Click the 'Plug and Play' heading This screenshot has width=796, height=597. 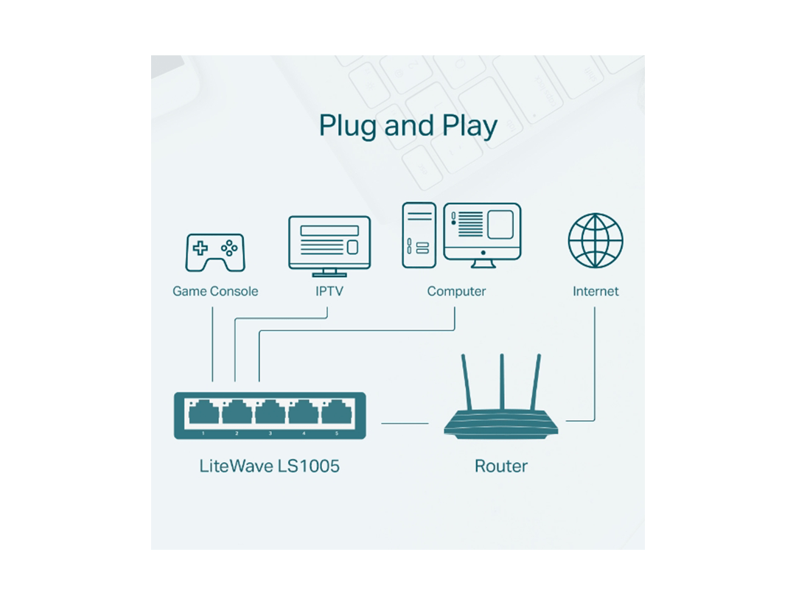pyautogui.click(x=408, y=126)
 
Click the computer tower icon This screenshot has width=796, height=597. pyautogui.click(x=418, y=235)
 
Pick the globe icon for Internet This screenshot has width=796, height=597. pyautogui.click(x=596, y=241)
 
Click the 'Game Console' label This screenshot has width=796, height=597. pyautogui.click(x=215, y=291)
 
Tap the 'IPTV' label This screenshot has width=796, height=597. pyautogui.click(x=329, y=291)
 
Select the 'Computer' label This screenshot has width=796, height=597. pyautogui.click(x=456, y=291)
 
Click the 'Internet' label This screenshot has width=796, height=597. pyautogui.click(x=596, y=291)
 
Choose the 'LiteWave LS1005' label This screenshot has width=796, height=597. pyautogui.click(x=270, y=466)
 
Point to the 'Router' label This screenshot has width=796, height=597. pyautogui.click(x=501, y=466)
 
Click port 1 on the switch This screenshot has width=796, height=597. pyautogui.click(x=203, y=413)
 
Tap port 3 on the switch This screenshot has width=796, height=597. pyautogui.click(x=270, y=413)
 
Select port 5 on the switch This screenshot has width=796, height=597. pyautogui.click(x=336, y=413)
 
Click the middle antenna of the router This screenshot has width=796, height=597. pyautogui.click(x=502, y=383)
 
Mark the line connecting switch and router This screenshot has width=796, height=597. pyautogui.click(x=404, y=423)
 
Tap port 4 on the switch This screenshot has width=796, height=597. pyautogui.click(x=303, y=413)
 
